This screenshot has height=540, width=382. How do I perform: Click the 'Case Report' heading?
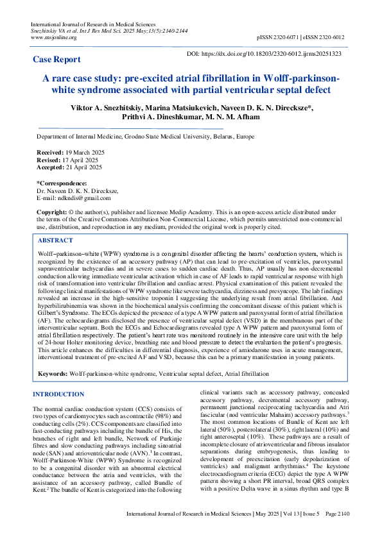click(x=57, y=59)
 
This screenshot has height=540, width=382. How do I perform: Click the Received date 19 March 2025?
click(x=82, y=151)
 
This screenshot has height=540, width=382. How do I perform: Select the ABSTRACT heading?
click(x=56, y=240)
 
